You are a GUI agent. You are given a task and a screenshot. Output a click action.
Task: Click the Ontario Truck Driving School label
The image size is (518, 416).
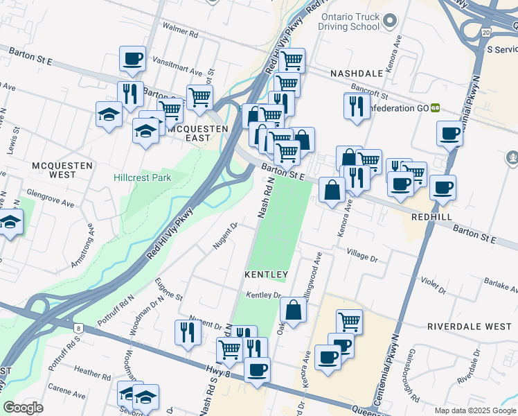[349, 21]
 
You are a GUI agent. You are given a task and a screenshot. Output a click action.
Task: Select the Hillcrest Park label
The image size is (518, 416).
[142, 177]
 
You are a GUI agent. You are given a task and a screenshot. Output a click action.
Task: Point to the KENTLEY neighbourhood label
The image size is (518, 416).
[266, 275]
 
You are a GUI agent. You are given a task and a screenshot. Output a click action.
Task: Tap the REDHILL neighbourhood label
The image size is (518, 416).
[431, 217]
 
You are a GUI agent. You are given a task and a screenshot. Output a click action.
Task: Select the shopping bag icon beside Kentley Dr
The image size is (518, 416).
[294, 311]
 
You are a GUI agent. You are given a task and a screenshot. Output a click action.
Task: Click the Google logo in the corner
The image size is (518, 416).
[23, 408]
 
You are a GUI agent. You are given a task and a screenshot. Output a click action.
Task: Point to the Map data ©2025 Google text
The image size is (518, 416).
[474, 410]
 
